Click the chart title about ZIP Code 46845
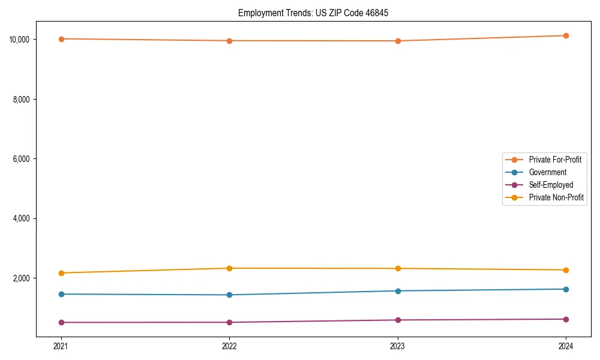[x=313, y=13]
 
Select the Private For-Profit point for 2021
[x=61, y=39]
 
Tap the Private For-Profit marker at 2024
[x=566, y=35]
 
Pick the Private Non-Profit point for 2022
[x=229, y=268]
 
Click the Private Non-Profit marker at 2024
[x=566, y=270]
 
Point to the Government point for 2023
[x=398, y=291]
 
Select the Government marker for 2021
[x=61, y=294]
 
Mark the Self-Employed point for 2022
[x=229, y=322]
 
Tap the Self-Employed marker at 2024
[x=566, y=319]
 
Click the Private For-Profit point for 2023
[x=398, y=41]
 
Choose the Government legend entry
[x=547, y=172]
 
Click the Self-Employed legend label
[x=551, y=185]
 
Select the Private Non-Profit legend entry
[x=556, y=197]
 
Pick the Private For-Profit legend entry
[x=555, y=160]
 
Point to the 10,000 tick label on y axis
[x=20, y=40]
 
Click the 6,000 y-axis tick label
[x=22, y=159]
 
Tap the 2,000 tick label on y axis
[x=22, y=278]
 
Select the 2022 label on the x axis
[x=229, y=346]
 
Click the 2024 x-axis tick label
[x=566, y=346]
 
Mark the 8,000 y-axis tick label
[x=22, y=99]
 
